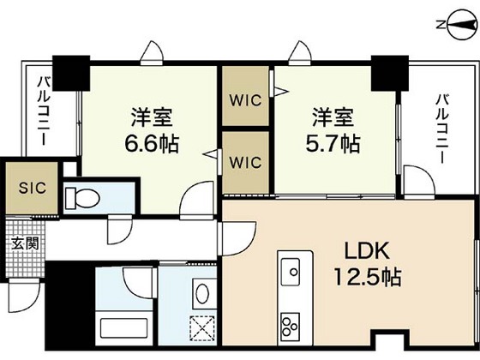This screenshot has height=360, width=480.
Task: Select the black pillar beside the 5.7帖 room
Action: pos(387,72)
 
